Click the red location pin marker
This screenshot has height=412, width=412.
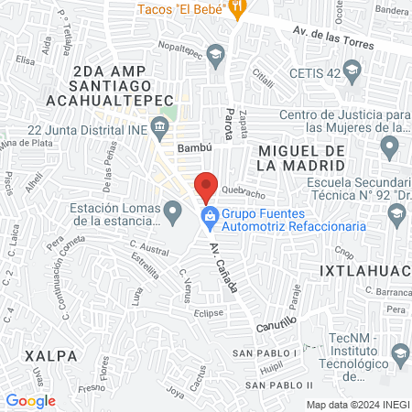pos(206,186)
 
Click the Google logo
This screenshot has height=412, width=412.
pos(31,400)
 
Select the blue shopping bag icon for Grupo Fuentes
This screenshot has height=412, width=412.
pos(209,217)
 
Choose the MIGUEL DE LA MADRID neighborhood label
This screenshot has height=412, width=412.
pos(302,157)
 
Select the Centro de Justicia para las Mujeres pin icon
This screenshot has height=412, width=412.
pos(391,146)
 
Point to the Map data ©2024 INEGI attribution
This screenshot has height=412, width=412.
pos(357,404)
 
